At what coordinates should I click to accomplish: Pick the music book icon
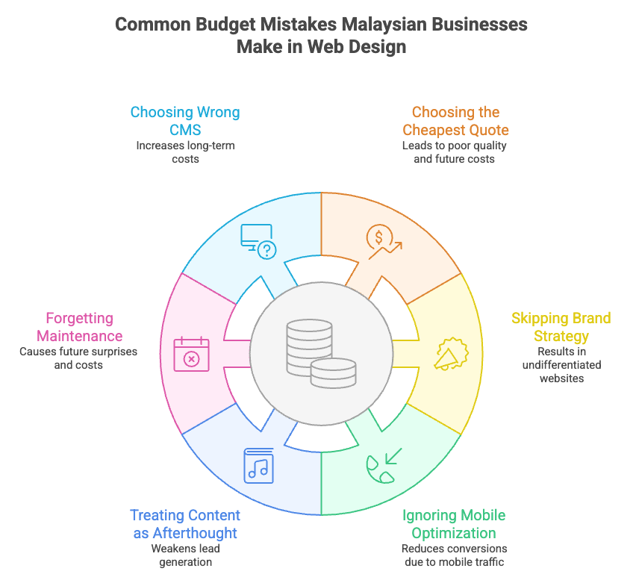[258, 465]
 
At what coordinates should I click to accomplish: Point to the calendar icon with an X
[192, 354]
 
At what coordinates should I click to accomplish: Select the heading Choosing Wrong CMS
[185, 121]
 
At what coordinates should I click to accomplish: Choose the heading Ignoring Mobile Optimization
[454, 524]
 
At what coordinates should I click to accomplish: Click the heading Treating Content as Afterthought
[185, 524]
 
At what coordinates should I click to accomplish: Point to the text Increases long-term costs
[185, 152]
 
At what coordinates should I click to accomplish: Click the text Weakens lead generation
[185, 555]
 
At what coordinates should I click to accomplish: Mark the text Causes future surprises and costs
[79, 358]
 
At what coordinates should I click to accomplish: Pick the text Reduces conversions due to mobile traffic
[454, 555]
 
